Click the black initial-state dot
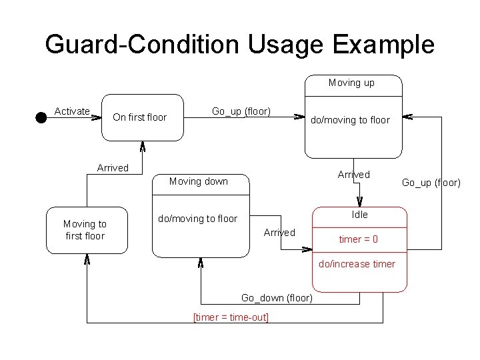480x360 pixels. pyautogui.click(x=41, y=117)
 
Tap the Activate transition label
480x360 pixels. pyautogui.click(x=72, y=111)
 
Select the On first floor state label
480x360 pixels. pyautogui.click(x=140, y=117)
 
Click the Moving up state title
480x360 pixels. pyautogui.click(x=351, y=83)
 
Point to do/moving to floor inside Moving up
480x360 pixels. pyautogui.click(x=350, y=120)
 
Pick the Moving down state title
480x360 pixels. pyautogui.click(x=198, y=181)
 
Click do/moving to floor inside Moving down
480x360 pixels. pyautogui.click(x=197, y=219)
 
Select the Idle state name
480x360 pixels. pyautogui.click(x=359, y=215)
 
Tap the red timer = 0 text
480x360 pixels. pyautogui.click(x=359, y=239)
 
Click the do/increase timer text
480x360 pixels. pyautogui.click(x=357, y=264)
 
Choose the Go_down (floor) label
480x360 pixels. pyautogui.click(x=277, y=298)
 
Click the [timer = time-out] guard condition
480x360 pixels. pyautogui.click(x=231, y=317)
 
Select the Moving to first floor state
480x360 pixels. pyautogui.click(x=85, y=230)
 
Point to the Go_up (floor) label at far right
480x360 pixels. pyautogui.click(x=431, y=182)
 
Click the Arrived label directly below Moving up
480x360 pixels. pyautogui.click(x=353, y=175)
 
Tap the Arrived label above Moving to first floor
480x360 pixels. pyautogui.click(x=113, y=168)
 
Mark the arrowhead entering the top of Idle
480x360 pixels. pyautogui.click(x=359, y=203)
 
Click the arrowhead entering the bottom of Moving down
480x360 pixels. pyautogui.click(x=201, y=262)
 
